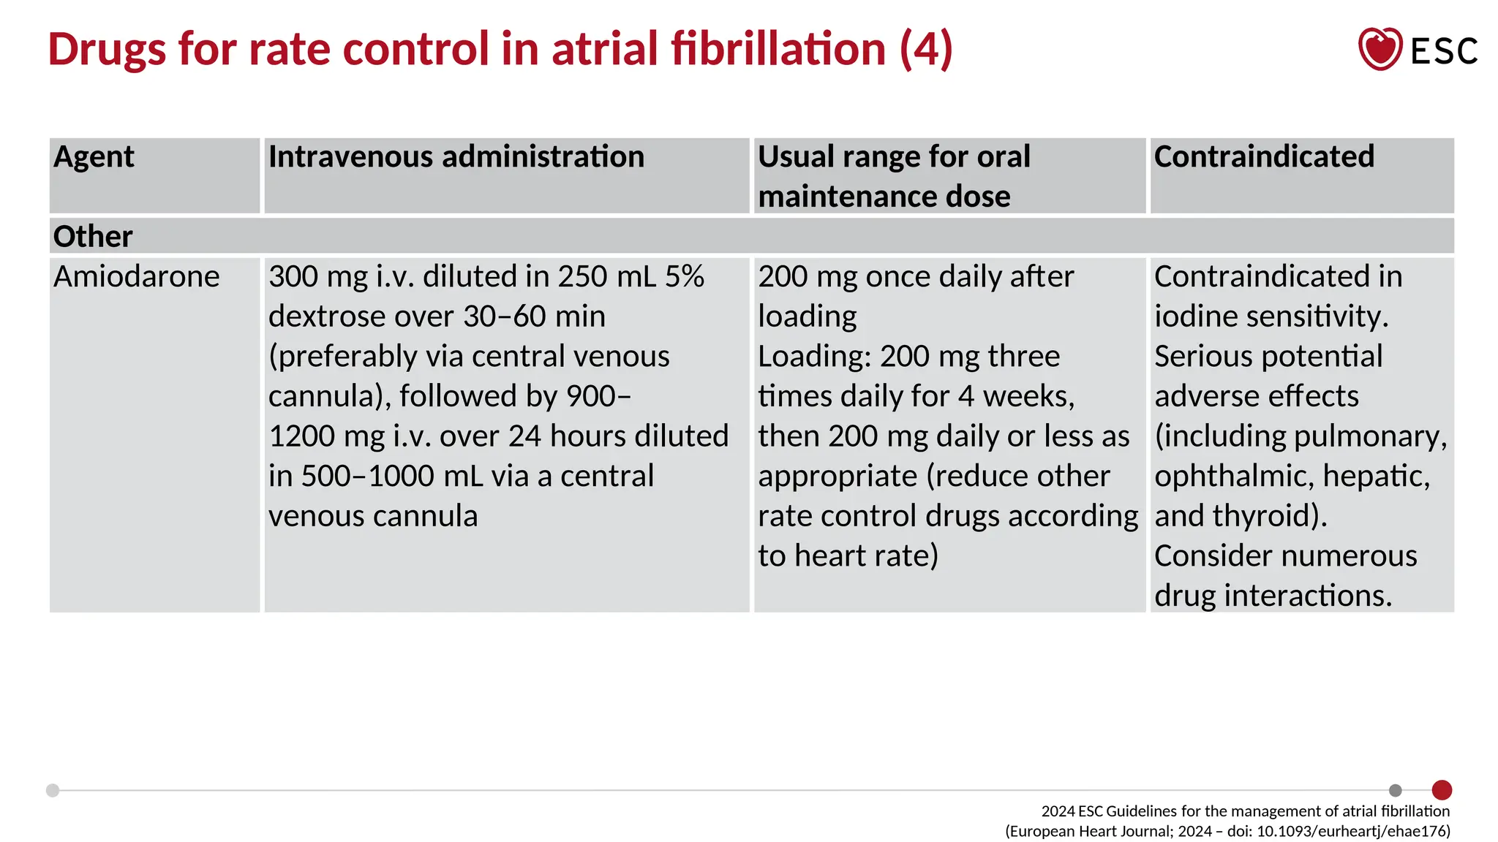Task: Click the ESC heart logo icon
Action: [x=1380, y=49]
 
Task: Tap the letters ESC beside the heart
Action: [x=1443, y=51]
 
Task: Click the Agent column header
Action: [x=94, y=157]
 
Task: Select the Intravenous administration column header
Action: [x=456, y=157]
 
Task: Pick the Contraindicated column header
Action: [x=1264, y=157]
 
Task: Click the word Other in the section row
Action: [x=93, y=237]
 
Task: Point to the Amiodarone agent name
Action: [x=136, y=277]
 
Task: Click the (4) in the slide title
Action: [x=926, y=49]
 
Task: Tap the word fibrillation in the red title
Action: [x=778, y=49]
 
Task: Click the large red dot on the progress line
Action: [x=1442, y=790]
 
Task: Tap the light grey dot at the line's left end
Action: [x=53, y=790]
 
